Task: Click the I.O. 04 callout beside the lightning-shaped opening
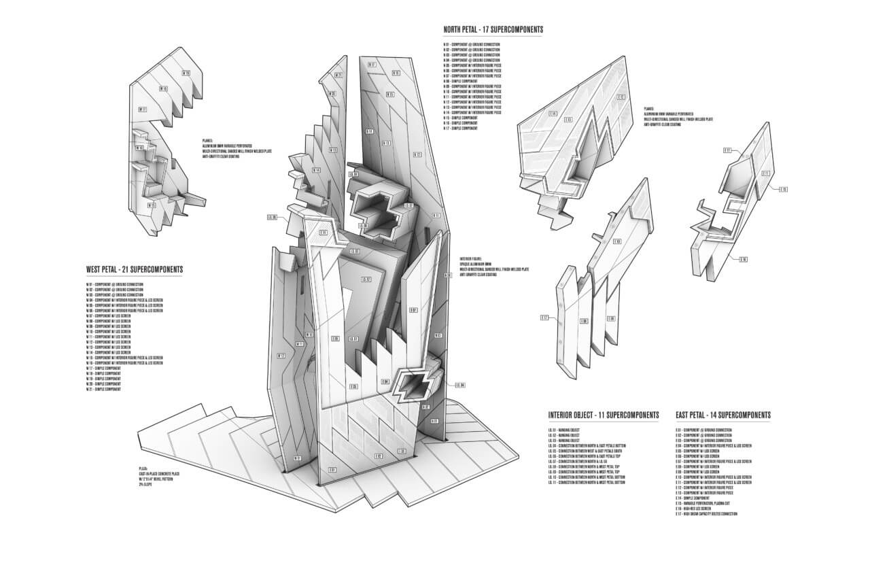460,386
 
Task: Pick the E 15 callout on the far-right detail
783,190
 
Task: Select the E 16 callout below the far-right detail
744,259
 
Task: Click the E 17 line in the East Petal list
707,514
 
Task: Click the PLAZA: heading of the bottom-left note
143,469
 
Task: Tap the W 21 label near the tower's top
338,75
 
